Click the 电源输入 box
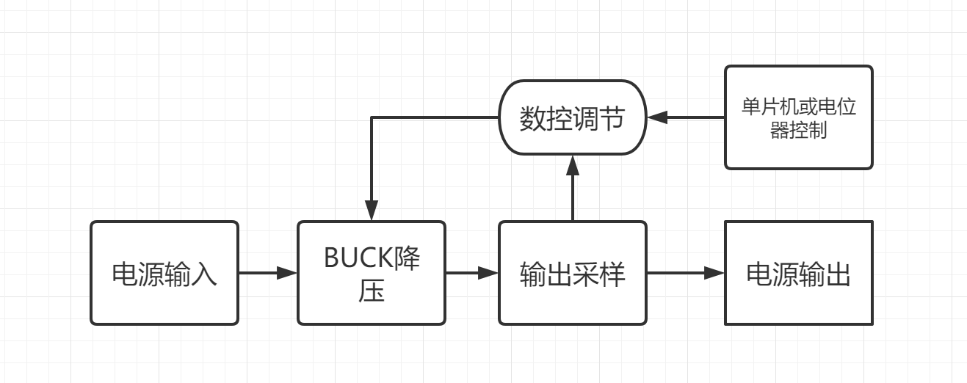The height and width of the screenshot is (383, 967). click(164, 273)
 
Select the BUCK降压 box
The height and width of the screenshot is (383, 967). click(371, 273)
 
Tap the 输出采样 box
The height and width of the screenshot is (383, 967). click(573, 273)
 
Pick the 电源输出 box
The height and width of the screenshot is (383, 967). click(798, 273)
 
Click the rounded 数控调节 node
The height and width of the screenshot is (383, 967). click(572, 117)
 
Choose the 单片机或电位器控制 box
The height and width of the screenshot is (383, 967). click(798, 117)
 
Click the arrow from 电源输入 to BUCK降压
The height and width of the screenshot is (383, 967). click(267, 273)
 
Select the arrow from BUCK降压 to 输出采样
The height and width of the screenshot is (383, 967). click(471, 273)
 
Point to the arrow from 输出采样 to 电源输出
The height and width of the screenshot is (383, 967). click(685, 273)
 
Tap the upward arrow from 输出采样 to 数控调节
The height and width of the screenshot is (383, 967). click(573, 188)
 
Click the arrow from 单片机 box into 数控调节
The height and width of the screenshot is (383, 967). click(685, 117)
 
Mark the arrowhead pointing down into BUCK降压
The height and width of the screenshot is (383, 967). click(372, 211)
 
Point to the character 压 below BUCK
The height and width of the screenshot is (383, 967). click(372, 291)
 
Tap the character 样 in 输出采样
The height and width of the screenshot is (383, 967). click(612, 274)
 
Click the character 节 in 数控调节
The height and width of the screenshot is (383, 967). click(612, 118)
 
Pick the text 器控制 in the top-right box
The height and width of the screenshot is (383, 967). click(798, 133)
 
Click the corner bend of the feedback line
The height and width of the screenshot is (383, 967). click(372, 117)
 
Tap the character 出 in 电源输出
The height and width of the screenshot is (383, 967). click(839, 274)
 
